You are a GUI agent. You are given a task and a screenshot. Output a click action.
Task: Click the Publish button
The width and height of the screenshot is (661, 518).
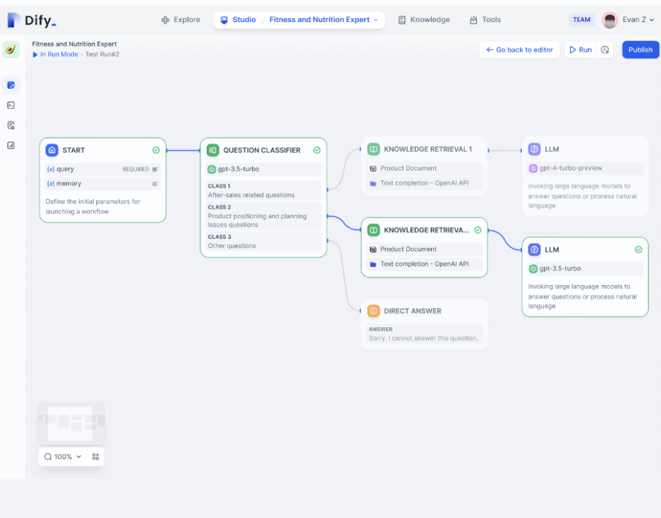click(x=640, y=50)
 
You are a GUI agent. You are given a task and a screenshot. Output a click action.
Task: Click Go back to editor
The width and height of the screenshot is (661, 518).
click(x=519, y=50)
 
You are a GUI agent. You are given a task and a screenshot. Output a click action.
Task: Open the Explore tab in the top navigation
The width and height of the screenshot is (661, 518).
click(x=180, y=20)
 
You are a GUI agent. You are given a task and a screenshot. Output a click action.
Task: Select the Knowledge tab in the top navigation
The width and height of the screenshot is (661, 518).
click(x=424, y=20)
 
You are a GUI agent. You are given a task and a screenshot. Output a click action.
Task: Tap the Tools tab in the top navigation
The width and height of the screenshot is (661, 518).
click(x=485, y=20)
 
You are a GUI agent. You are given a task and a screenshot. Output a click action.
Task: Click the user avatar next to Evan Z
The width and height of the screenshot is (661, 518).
click(x=609, y=20)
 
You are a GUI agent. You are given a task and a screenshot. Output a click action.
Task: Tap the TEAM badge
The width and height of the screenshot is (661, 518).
click(x=582, y=20)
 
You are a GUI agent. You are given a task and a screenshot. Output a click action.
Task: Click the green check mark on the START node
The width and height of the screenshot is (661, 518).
click(x=156, y=150)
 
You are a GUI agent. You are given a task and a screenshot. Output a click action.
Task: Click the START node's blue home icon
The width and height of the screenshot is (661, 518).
click(x=52, y=150)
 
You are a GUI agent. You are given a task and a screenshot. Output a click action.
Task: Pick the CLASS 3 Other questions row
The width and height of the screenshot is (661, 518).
click(x=263, y=241)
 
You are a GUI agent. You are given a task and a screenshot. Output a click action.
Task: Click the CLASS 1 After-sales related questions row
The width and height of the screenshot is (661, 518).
click(x=263, y=190)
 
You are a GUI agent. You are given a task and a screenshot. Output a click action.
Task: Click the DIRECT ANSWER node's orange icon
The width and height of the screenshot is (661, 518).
click(x=373, y=311)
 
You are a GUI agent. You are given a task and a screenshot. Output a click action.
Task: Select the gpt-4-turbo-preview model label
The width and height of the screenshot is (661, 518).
click(x=571, y=168)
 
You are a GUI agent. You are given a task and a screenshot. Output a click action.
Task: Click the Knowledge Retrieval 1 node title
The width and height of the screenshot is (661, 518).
click(x=428, y=149)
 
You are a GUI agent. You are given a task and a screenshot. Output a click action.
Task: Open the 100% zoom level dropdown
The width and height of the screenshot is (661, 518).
click(x=63, y=457)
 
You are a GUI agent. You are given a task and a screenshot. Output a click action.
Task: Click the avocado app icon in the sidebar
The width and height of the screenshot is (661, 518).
click(x=11, y=50)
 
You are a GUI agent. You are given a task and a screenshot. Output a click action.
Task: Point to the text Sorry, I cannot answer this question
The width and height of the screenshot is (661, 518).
click(x=423, y=338)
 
